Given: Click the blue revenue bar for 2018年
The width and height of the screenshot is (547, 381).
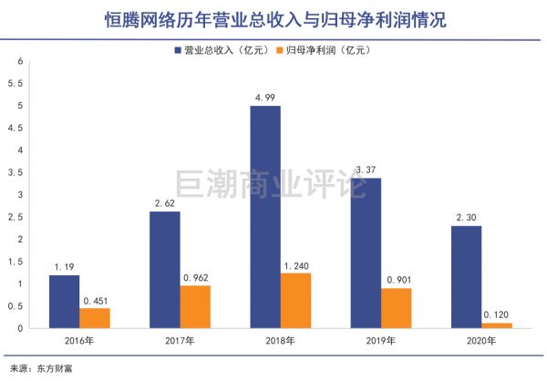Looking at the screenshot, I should coord(264,217).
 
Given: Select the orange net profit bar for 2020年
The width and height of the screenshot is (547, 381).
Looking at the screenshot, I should coord(497,325).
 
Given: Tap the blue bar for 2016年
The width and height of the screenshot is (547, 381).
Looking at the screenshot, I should coord(64,302).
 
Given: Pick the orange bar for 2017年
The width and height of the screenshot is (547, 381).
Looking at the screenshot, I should coord(195,307).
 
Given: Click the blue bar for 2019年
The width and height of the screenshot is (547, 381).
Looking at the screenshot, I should coord(366,253).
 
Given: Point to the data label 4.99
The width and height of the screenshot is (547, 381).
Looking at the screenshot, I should coord(264,98).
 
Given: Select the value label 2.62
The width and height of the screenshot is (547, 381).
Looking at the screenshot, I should coord(165,203).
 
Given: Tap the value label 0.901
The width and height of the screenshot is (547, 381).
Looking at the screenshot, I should coord(397,280).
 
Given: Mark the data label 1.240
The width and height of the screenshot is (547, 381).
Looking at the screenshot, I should coord(296,265).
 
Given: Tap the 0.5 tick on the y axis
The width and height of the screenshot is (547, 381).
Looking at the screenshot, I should coord(15,306).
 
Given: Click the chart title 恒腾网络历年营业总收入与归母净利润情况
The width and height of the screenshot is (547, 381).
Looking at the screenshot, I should coord(273,18).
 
